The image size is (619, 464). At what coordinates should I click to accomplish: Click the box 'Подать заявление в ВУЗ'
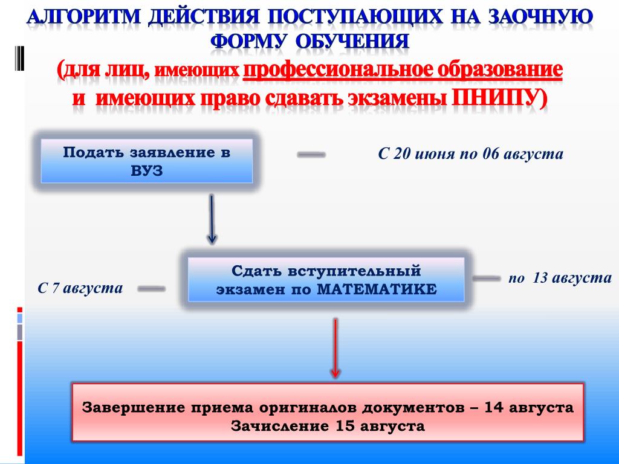tap(146, 161)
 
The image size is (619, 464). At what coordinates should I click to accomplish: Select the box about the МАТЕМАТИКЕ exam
tap(326, 279)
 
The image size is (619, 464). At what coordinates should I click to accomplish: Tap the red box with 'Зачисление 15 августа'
tap(328, 411)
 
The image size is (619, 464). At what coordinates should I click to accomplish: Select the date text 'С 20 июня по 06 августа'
tap(470, 154)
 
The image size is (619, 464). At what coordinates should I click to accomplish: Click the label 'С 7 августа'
tap(80, 288)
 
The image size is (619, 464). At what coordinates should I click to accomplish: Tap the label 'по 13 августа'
tap(560, 278)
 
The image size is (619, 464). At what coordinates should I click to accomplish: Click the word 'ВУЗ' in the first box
tap(146, 171)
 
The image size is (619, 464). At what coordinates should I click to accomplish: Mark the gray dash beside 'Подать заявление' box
tap(311, 155)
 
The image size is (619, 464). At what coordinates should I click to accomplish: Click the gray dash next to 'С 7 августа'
tap(151, 289)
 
